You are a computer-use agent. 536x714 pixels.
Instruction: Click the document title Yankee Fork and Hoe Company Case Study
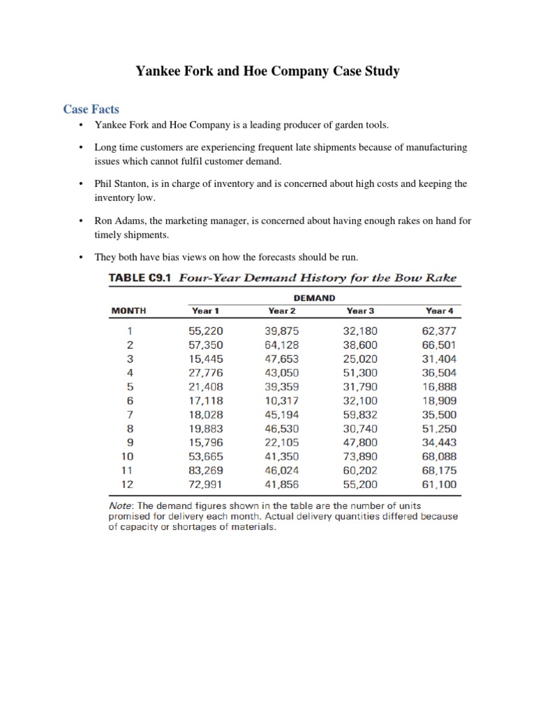(x=267, y=71)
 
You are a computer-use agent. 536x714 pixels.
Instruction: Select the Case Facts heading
(x=91, y=109)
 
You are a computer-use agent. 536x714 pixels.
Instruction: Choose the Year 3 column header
(x=361, y=310)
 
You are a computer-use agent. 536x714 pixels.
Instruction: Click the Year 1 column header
(x=204, y=310)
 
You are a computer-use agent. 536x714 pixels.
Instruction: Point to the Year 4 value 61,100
(x=440, y=483)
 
